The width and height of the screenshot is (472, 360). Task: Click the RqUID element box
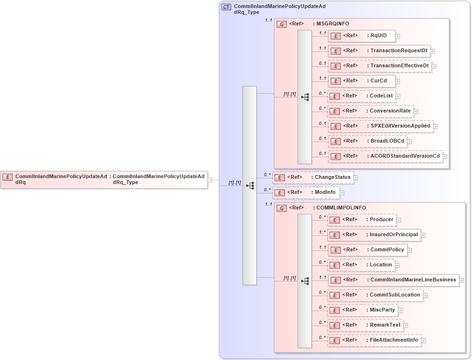(x=361, y=36)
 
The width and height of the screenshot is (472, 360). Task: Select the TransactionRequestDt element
(x=378, y=51)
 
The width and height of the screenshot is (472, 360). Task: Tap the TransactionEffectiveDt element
(x=379, y=66)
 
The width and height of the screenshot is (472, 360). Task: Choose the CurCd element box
(x=361, y=81)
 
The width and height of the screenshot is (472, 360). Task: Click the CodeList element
(x=361, y=96)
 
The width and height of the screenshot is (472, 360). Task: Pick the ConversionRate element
(x=370, y=111)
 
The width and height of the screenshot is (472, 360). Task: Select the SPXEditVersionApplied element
(x=380, y=126)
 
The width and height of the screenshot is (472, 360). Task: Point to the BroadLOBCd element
(x=367, y=141)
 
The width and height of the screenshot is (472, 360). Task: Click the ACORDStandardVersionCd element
(x=385, y=156)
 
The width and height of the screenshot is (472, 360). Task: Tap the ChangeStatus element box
(x=313, y=177)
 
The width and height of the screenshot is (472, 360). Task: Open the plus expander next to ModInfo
(x=342, y=192)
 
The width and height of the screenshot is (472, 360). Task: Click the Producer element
(x=361, y=219)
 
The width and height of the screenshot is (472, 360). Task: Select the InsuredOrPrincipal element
(x=374, y=234)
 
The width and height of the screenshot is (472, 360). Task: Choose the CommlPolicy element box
(x=367, y=250)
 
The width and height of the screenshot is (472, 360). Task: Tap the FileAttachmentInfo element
(x=374, y=340)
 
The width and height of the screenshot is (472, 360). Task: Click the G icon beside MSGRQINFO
(x=282, y=24)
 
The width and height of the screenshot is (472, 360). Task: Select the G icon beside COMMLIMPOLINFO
(x=282, y=208)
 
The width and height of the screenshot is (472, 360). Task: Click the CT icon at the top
(x=226, y=7)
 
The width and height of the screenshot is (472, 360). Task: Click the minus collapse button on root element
(x=210, y=180)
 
